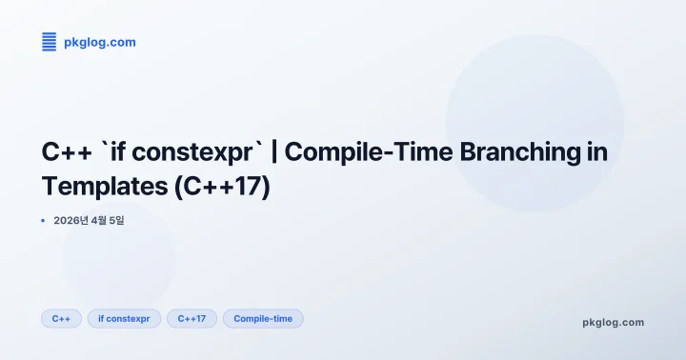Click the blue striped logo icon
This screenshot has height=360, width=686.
click(x=50, y=41)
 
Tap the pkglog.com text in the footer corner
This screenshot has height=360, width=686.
click(x=613, y=322)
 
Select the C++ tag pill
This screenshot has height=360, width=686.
click(x=61, y=319)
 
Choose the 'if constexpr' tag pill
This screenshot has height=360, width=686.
click(x=124, y=319)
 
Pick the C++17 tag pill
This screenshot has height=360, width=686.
click(x=192, y=319)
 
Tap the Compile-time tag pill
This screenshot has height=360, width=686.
click(x=263, y=319)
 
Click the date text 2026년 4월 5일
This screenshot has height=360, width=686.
click(x=90, y=221)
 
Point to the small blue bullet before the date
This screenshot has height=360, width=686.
click(x=43, y=221)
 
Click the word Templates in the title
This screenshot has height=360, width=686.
click(x=105, y=186)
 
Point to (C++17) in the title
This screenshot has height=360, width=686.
click(x=223, y=186)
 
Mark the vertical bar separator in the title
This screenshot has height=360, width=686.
click(x=274, y=151)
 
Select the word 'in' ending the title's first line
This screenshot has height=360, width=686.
click(x=596, y=151)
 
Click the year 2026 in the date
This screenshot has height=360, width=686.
click(x=68, y=221)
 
